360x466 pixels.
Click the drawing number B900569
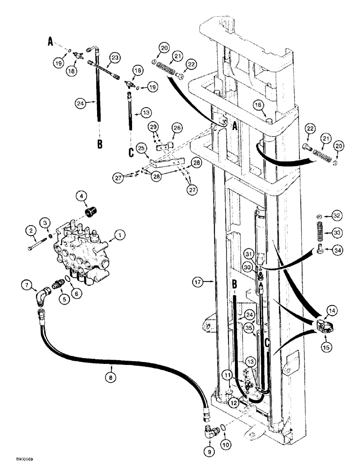(16, 459)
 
